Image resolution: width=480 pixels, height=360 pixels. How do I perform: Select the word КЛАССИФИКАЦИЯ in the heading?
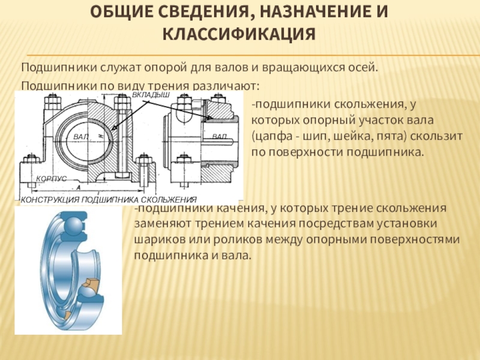click(x=239, y=34)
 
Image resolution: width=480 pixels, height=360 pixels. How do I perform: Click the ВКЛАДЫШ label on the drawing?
click(x=151, y=95)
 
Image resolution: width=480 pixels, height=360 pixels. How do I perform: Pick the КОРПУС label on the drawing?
click(x=52, y=178)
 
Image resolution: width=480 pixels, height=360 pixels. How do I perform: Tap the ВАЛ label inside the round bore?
click(x=81, y=137)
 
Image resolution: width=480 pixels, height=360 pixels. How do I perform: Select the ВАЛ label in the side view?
click(x=220, y=137)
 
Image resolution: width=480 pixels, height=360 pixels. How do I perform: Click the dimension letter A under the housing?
click(x=79, y=188)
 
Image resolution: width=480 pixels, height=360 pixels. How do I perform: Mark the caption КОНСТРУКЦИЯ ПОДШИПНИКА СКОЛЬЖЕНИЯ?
click(x=109, y=200)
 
